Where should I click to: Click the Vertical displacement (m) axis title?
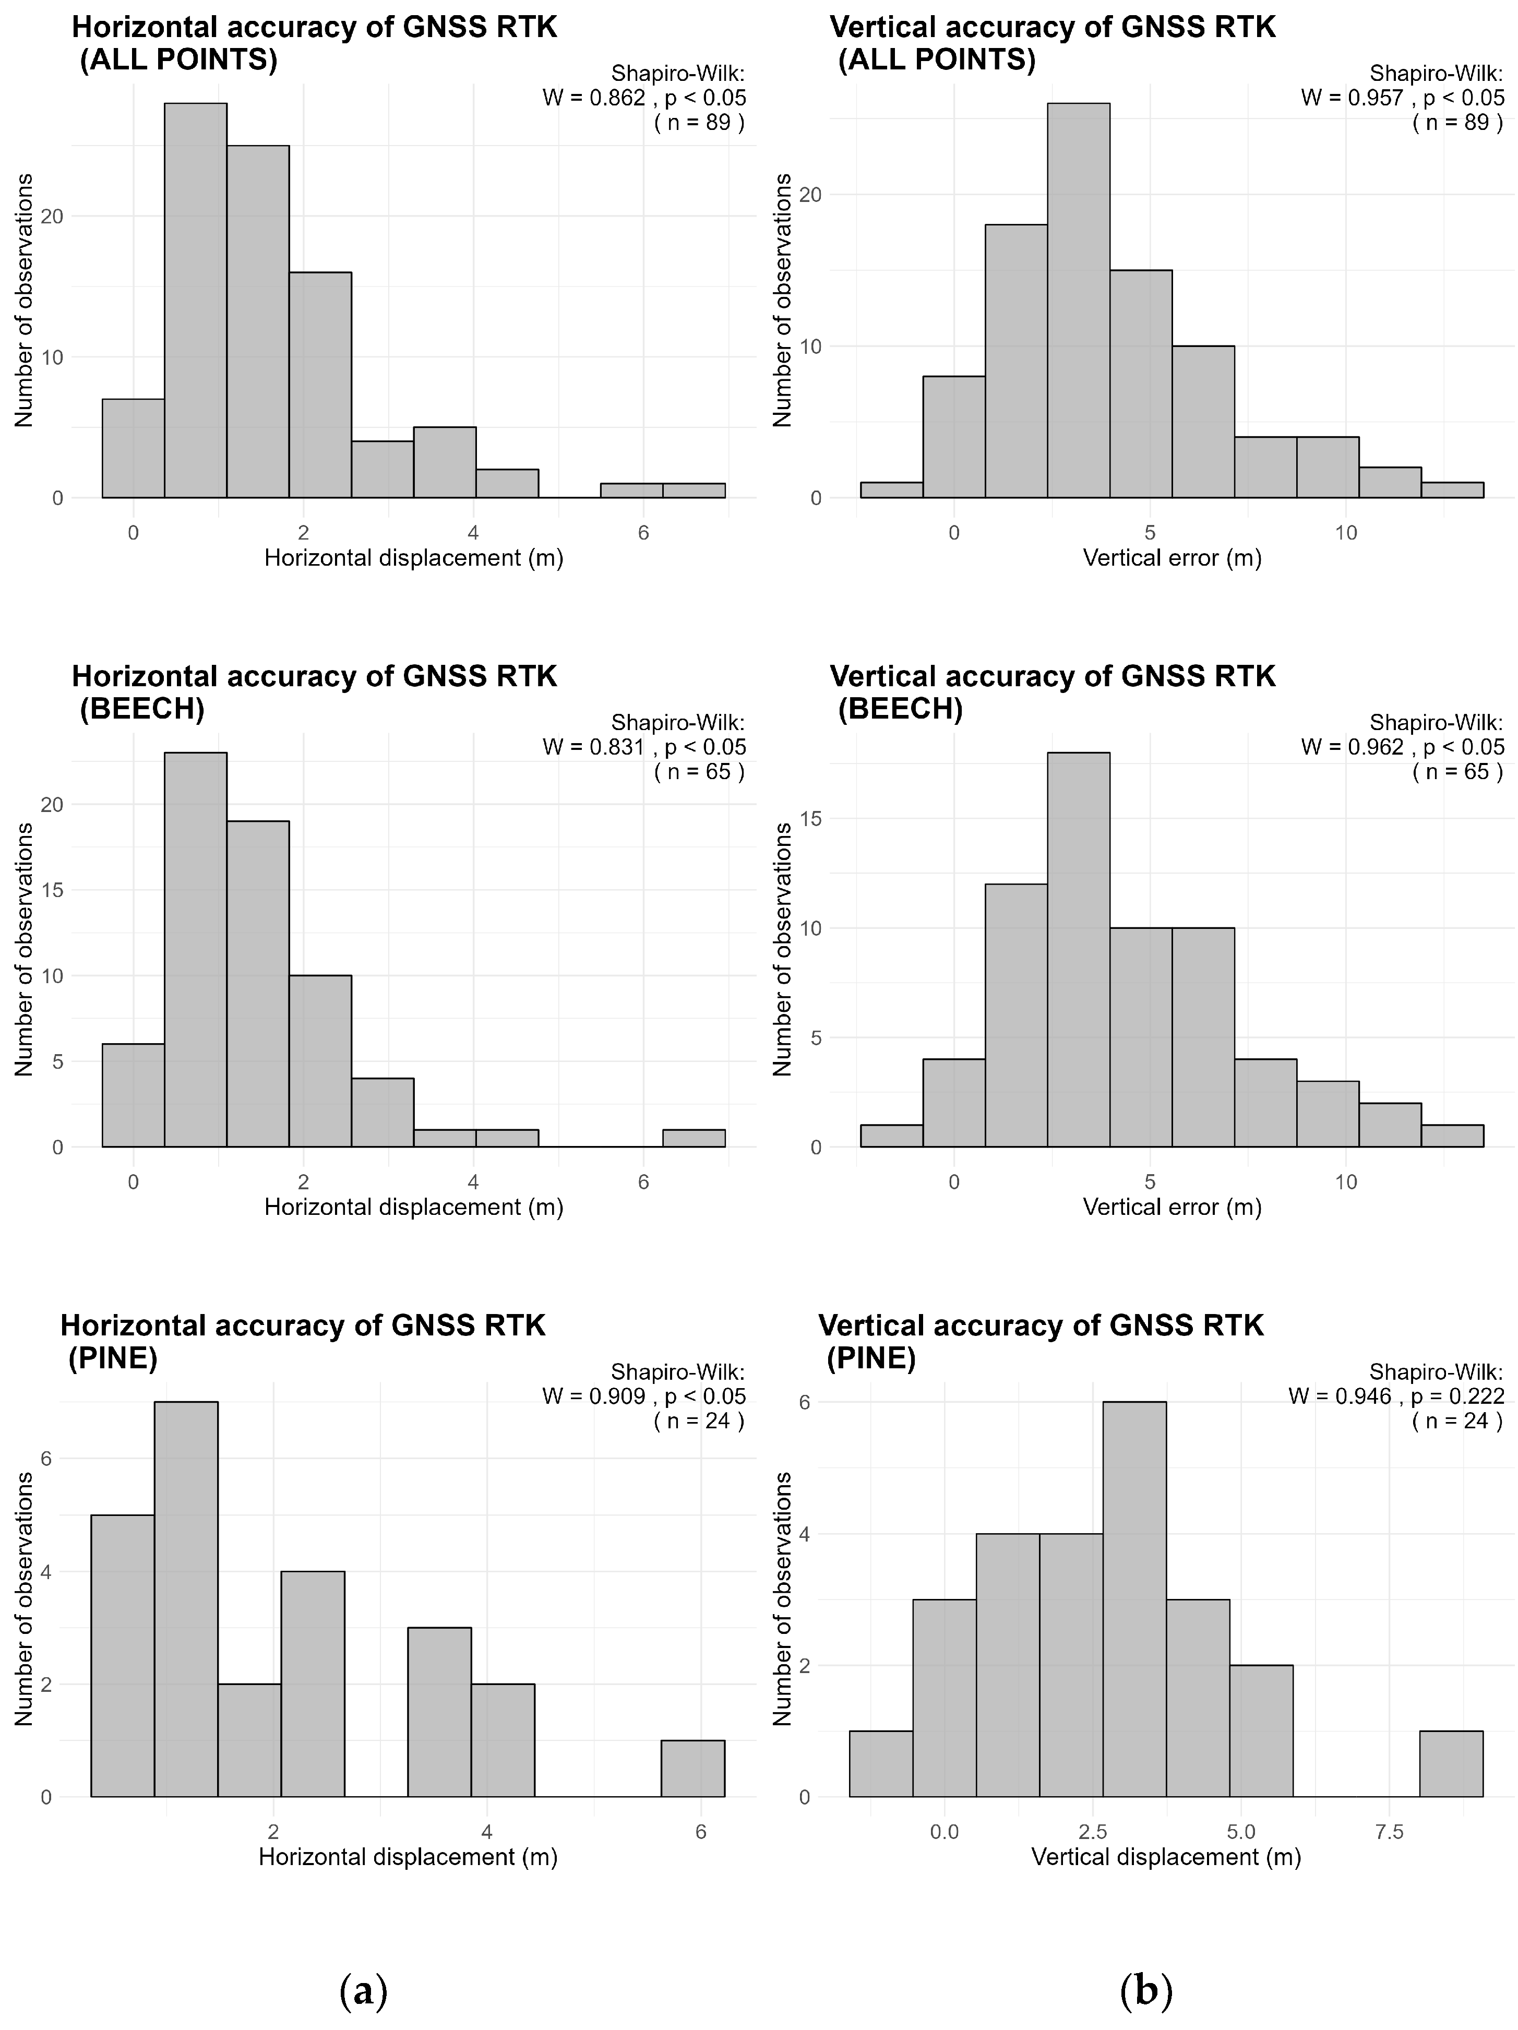pyautogui.click(x=1166, y=1857)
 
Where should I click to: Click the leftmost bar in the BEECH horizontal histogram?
pyautogui.click(x=133, y=1095)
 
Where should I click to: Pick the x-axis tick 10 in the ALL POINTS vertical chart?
pyautogui.click(x=1345, y=533)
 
